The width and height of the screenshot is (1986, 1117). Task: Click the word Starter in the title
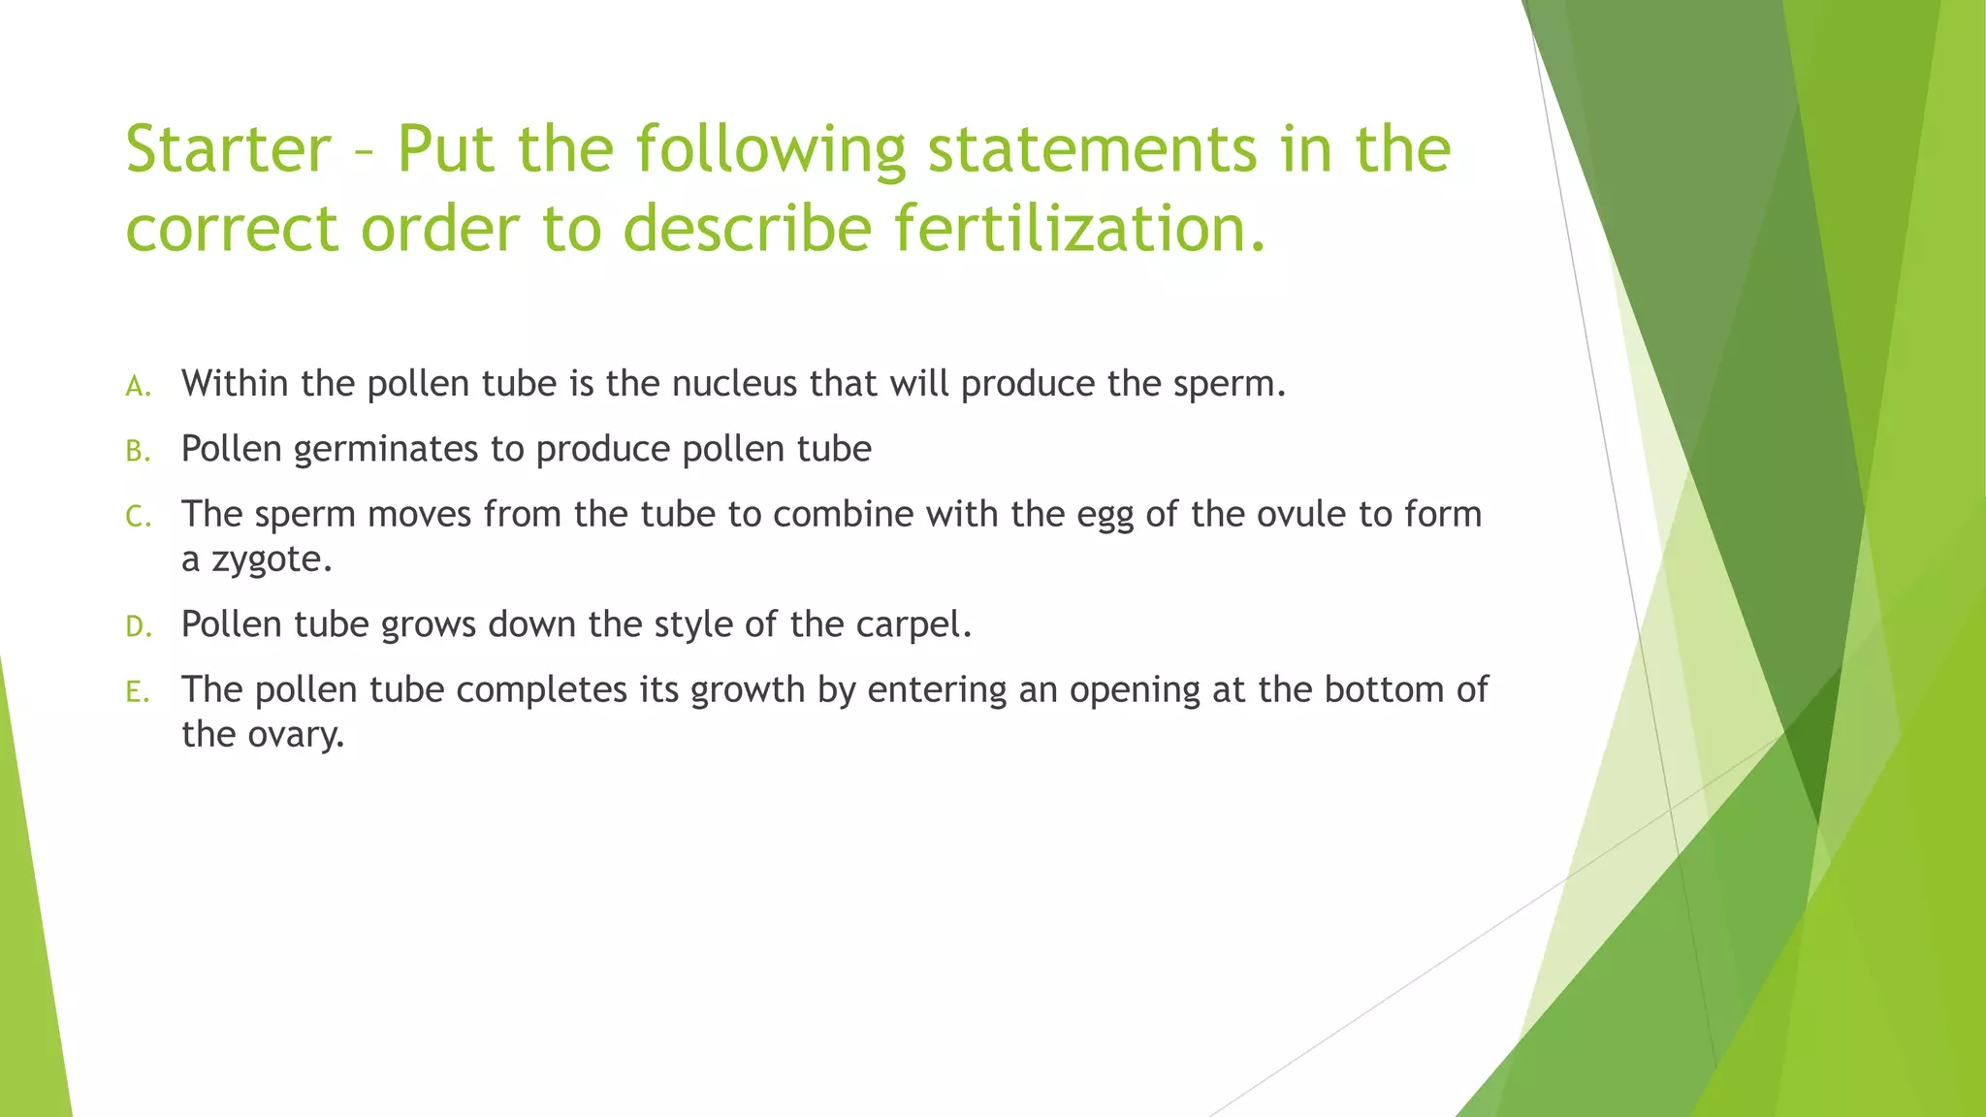[x=229, y=149]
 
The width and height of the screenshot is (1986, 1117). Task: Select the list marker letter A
[x=138, y=387]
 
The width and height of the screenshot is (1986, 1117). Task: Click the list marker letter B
[x=138, y=452]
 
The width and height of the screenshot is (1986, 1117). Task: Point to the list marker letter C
[x=138, y=517]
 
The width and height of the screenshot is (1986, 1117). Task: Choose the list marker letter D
[x=138, y=627]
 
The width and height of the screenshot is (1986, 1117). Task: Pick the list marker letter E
[x=138, y=692]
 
